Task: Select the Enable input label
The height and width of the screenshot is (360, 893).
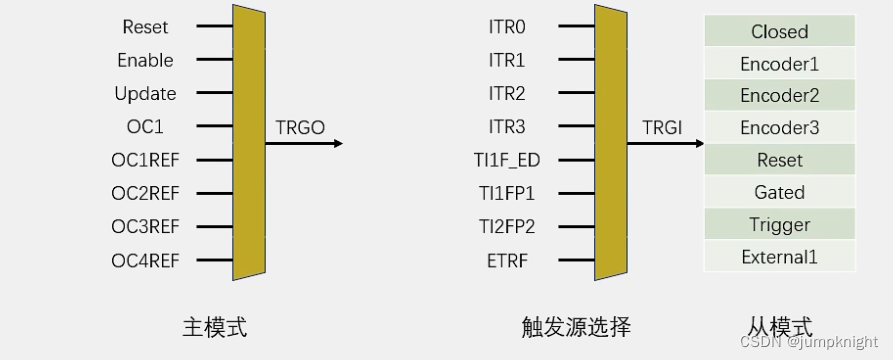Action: pyautogui.click(x=146, y=60)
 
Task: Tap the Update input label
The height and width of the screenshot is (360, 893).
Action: pyautogui.click(x=145, y=94)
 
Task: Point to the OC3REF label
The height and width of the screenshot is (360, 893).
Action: pyautogui.click(x=145, y=228)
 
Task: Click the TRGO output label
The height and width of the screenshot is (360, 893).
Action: pyautogui.click(x=300, y=127)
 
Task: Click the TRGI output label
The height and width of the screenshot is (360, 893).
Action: pyautogui.click(x=661, y=127)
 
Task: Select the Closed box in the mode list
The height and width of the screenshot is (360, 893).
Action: pyautogui.click(x=779, y=31)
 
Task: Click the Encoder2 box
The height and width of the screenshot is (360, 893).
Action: pyautogui.click(x=779, y=96)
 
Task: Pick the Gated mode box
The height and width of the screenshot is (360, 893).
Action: pyautogui.click(x=779, y=192)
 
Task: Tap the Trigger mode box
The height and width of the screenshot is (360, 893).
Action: pyautogui.click(x=779, y=224)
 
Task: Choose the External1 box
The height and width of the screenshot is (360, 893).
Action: pyautogui.click(x=779, y=257)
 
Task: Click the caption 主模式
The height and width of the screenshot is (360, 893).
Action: pyautogui.click(x=214, y=326)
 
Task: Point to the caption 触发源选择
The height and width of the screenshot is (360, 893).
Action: pyautogui.click(x=576, y=326)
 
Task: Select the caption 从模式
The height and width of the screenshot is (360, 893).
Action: pyautogui.click(x=779, y=326)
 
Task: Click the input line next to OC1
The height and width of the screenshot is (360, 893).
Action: pyautogui.click(x=214, y=127)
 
